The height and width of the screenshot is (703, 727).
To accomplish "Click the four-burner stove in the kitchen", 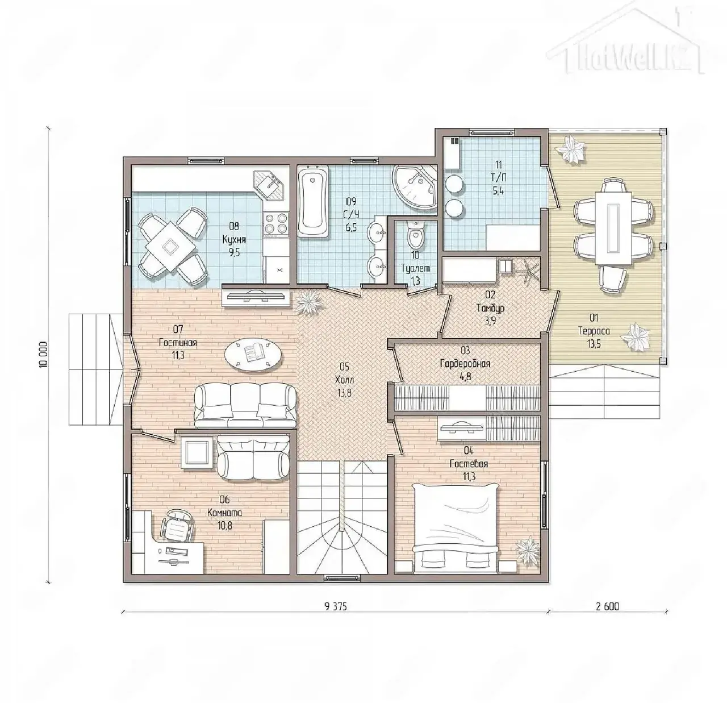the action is [276, 223].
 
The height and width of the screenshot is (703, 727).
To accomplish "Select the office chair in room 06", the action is [177, 526].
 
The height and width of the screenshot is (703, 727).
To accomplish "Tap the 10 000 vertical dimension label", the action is [44, 355].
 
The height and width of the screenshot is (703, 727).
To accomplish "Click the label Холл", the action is [344, 380].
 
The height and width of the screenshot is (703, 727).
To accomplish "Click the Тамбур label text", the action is [490, 308].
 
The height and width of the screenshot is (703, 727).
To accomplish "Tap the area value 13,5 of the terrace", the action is [594, 344].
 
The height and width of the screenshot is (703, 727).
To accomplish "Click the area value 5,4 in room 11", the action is [498, 190].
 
